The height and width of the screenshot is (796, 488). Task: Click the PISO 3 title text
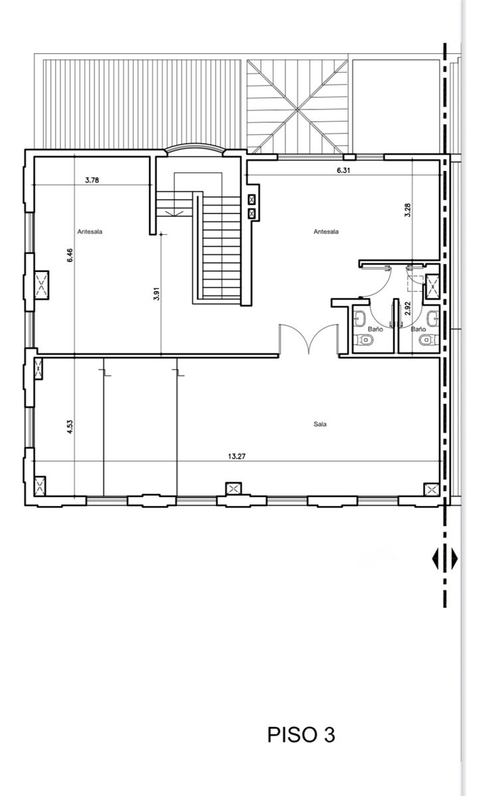tap(301, 735)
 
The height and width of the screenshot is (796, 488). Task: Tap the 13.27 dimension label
tap(237, 456)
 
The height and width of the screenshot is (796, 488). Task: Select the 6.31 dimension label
tap(343, 170)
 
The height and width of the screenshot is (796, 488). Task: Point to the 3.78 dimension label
tap(92, 180)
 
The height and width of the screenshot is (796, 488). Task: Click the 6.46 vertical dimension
tap(70, 255)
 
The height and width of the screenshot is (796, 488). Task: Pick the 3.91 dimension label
tap(156, 293)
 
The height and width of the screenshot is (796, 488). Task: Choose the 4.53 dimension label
tap(70, 427)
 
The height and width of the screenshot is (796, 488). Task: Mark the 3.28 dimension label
tap(407, 210)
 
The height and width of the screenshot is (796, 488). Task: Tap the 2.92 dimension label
tap(407, 308)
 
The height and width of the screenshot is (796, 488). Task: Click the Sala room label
tap(320, 424)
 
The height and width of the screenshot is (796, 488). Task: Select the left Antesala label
tap(90, 232)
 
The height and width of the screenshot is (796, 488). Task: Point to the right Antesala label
tap(326, 232)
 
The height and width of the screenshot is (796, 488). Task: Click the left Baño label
tap(375, 330)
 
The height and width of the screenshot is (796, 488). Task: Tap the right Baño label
tap(418, 330)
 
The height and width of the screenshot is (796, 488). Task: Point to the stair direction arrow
tap(174, 212)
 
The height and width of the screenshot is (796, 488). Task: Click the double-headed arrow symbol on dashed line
tap(445, 559)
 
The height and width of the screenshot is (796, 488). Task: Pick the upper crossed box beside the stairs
tap(252, 200)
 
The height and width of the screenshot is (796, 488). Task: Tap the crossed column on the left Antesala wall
tap(41, 285)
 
